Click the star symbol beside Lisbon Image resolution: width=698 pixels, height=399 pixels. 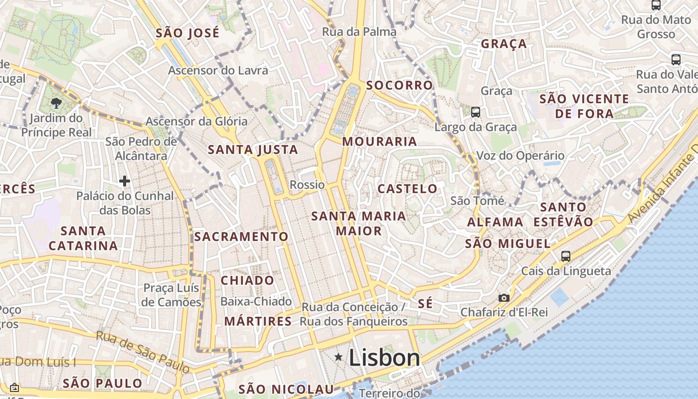[x=339, y=357]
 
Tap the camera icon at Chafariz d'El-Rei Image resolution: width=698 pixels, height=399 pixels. [x=504, y=298]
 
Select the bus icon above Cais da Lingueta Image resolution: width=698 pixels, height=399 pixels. [x=565, y=256]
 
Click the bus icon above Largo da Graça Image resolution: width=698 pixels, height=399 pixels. [x=476, y=112]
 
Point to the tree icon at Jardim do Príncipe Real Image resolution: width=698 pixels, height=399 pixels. [x=56, y=103]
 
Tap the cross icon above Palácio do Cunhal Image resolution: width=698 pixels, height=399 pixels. [x=125, y=181]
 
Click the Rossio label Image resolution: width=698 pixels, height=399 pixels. [x=307, y=185]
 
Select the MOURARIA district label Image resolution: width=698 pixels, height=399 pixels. [x=379, y=142]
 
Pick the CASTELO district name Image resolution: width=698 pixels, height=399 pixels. [x=407, y=189]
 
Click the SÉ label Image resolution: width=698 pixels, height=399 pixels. [x=425, y=304]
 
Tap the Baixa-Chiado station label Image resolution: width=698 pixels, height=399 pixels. [x=256, y=301]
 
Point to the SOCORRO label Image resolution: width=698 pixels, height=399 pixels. [x=399, y=85]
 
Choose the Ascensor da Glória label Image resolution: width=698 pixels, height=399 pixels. [x=196, y=121]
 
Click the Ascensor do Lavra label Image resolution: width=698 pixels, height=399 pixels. [x=218, y=70]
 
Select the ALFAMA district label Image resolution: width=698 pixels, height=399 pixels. [x=495, y=222]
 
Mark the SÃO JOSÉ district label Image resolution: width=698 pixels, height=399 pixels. [x=187, y=33]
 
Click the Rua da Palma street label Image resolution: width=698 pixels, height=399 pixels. [x=359, y=32]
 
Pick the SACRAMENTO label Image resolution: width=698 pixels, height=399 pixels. [x=241, y=236]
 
